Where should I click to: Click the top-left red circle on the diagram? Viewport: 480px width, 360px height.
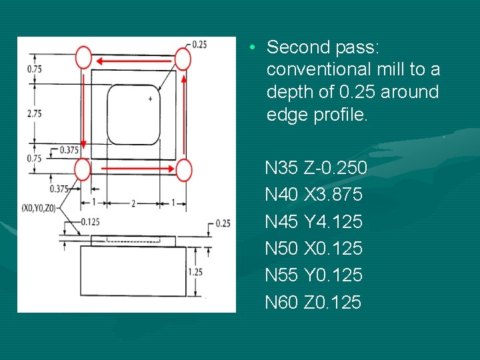pyautogui.click(x=83, y=57)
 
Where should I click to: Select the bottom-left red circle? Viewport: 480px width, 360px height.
pyautogui.click(x=82, y=169)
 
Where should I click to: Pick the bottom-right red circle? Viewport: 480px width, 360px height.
pyautogui.click(x=184, y=170)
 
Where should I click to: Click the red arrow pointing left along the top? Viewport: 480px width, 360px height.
pyautogui.click(x=133, y=59)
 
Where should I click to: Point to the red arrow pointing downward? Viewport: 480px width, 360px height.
pyautogui.click(x=84, y=113)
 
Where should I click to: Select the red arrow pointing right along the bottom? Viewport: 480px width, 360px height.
pyautogui.click(x=133, y=170)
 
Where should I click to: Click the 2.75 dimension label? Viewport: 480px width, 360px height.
pyautogui.click(x=34, y=114)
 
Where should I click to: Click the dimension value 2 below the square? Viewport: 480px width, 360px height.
pyautogui.click(x=133, y=203)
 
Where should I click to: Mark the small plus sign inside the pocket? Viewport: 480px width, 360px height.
pyautogui.click(x=150, y=99)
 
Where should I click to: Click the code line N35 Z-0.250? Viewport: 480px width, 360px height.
pyautogui.click(x=315, y=168)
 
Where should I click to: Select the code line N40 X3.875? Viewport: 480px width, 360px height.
pyautogui.click(x=313, y=195)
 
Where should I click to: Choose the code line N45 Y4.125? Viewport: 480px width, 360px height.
pyautogui.click(x=313, y=221)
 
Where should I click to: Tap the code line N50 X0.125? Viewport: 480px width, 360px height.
pyautogui.click(x=313, y=249)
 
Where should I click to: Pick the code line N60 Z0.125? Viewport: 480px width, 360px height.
pyautogui.click(x=313, y=303)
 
